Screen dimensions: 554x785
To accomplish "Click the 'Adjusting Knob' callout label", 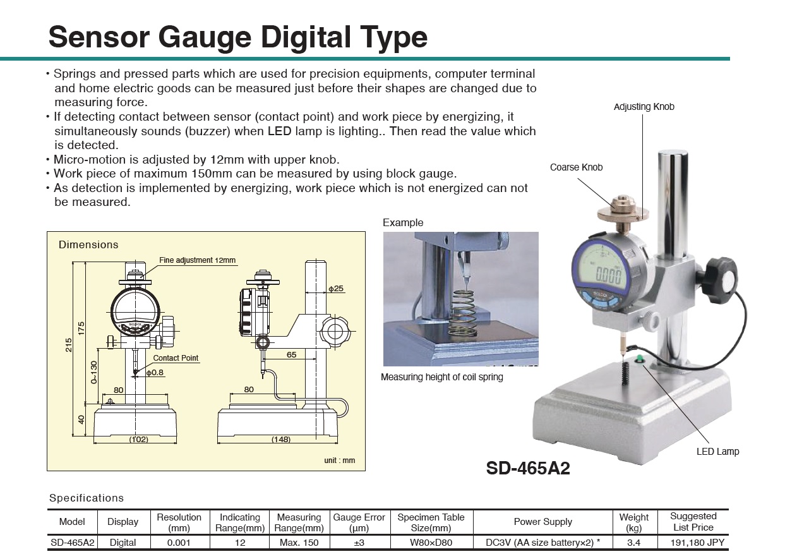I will [644, 107].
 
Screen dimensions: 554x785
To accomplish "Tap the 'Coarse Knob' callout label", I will [576, 167].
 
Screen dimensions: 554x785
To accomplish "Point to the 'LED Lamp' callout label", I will [717, 452].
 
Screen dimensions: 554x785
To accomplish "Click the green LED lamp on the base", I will [639, 359].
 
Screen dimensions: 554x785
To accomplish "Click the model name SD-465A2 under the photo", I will [528, 468].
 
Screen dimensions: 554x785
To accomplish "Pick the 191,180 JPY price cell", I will [693, 543].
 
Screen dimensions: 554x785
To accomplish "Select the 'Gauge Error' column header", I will [359, 522].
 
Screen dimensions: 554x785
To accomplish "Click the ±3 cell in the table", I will [359, 543].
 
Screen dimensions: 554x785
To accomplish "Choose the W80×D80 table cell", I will [432, 543].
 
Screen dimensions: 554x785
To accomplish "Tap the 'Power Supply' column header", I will [542, 522].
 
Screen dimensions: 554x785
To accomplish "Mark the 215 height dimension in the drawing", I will [69, 345].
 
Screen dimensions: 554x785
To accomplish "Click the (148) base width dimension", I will [280, 439].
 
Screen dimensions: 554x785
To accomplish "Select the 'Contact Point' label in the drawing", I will [176, 358].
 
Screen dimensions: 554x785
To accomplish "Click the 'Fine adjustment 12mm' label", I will [197, 260].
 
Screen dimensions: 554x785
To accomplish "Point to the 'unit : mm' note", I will [340, 461].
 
